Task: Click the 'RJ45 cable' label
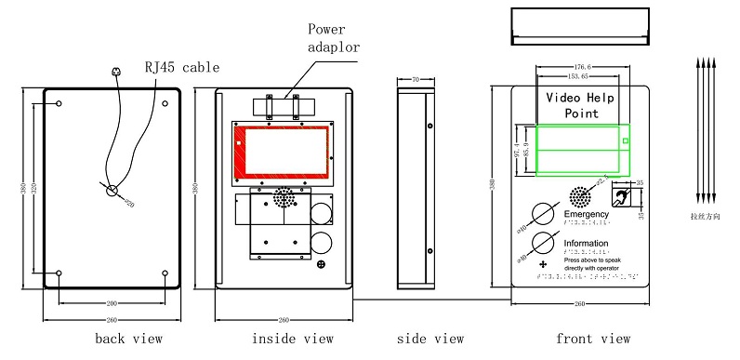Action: point(181,67)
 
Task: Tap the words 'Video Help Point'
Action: point(582,104)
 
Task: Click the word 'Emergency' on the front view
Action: point(587,214)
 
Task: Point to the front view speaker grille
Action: point(579,196)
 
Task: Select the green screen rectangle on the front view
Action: point(582,149)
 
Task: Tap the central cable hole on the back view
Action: point(112,191)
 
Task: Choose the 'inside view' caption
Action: point(292,339)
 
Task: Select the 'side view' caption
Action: point(429,339)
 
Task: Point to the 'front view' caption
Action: point(592,339)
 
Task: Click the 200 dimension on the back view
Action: point(112,303)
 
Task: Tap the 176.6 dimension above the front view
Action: point(583,67)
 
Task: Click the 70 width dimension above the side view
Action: point(416,80)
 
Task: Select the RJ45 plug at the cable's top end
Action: point(115,71)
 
